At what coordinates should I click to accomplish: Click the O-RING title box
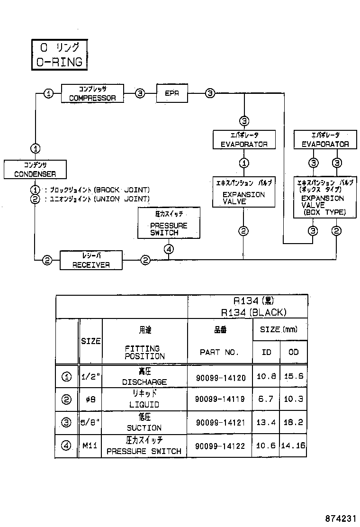point(59,55)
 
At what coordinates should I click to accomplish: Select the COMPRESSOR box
point(92,93)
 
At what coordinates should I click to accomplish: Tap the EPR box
point(172,93)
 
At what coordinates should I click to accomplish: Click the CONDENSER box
point(35,170)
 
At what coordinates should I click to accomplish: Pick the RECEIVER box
point(91,260)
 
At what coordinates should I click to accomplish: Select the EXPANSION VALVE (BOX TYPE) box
point(324,198)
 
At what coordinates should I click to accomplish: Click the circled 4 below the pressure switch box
point(170,248)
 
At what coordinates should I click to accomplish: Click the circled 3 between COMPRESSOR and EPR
point(140,93)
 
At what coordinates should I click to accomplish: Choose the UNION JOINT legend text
point(97,199)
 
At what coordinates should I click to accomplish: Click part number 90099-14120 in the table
point(220,378)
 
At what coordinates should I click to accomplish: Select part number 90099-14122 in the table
point(220,446)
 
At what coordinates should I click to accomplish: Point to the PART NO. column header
point(219,353)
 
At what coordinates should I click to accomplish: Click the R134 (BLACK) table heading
point(253,312)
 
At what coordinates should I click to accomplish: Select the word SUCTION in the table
point(144,427)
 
